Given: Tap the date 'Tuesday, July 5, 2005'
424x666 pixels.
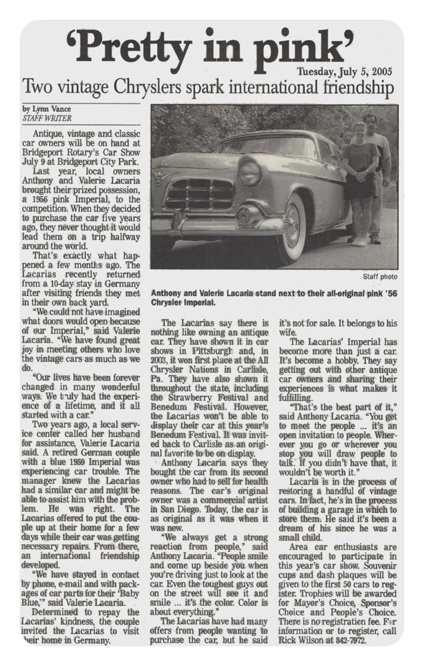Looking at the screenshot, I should pyautogui.click(x=346, y=71).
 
